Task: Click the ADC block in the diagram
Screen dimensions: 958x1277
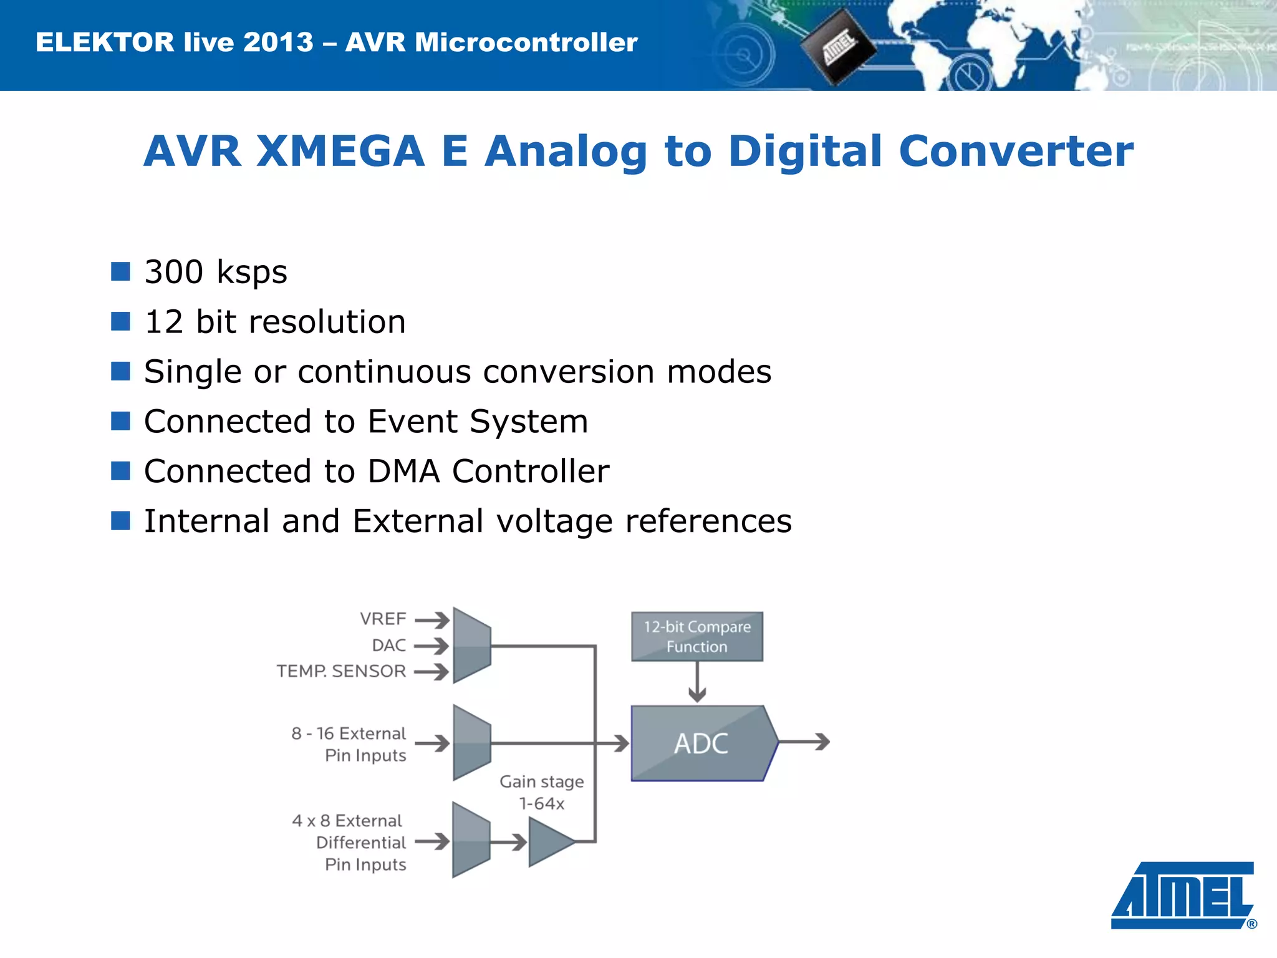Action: pos(701,743)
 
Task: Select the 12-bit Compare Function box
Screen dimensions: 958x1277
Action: pos(696,636)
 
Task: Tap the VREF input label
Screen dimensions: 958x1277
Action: pos(383,619)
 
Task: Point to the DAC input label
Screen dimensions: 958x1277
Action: pos(388,645)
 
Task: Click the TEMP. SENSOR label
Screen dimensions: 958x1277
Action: pos(341,671)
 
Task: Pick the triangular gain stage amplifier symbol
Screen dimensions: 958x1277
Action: pos(549,842)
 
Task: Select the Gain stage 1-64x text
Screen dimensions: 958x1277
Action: pos(541,792)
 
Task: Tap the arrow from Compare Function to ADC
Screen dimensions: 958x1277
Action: pos(697,682)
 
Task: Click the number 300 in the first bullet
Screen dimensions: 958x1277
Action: pos(173,272)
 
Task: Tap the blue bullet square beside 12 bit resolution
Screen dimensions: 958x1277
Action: pos(120,321)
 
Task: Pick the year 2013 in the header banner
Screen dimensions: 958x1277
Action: pos(278,42)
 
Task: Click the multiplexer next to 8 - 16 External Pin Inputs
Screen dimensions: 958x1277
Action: pos(472,742)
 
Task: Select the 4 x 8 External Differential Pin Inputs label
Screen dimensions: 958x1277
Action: pos(349,842)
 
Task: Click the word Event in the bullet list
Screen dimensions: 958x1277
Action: pos(413,421)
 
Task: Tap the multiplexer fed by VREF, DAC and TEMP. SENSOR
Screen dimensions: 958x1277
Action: pos(472,646)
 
